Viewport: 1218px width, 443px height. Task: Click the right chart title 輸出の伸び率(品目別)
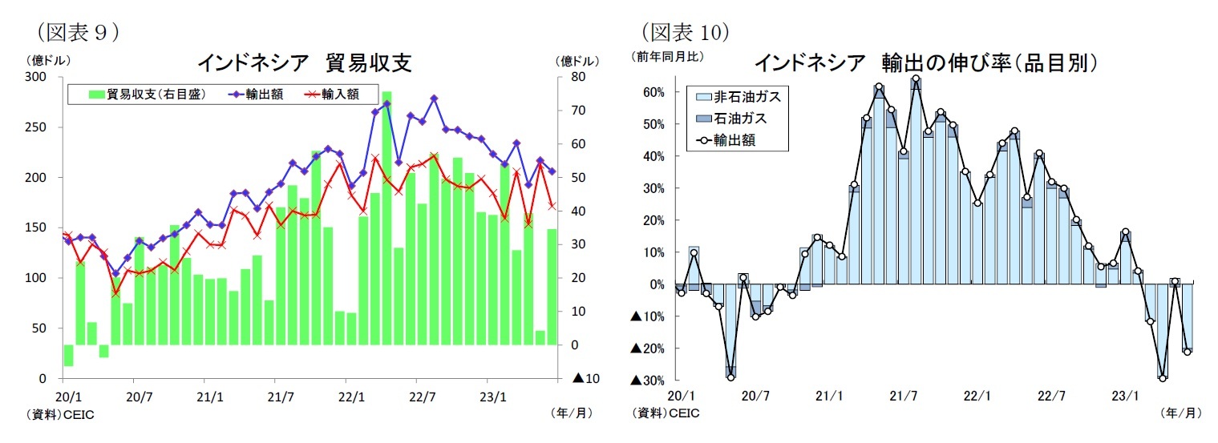click(925, 62)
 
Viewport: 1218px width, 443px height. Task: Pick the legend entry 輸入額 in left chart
click(328, 95)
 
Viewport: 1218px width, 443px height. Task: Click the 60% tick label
click(654, 92)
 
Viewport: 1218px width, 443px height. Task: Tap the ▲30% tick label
click(648, 380)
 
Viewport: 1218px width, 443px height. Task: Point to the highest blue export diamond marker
click(434, 99)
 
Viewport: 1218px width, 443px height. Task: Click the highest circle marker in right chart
click(916, 79)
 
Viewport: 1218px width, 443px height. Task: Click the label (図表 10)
click(686, 32)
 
